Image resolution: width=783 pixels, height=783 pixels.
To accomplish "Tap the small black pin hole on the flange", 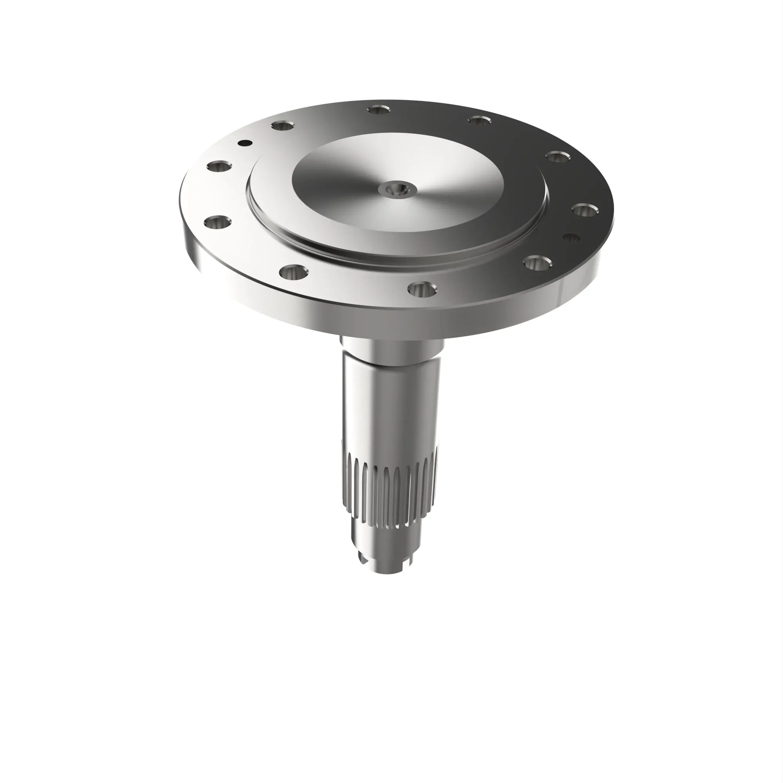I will (245, 143).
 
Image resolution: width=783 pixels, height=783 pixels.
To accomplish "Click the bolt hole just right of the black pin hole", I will (283, 126).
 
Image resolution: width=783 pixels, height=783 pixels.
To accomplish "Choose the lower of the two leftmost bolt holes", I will (218, 223).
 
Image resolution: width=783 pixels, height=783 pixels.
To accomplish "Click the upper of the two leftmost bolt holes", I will (219, 166).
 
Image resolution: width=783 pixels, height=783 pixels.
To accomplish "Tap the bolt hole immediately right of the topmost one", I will (480, 120).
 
